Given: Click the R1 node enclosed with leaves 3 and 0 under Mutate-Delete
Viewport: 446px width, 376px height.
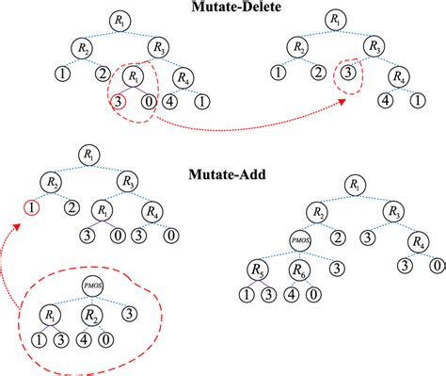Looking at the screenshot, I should coord(137,75).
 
